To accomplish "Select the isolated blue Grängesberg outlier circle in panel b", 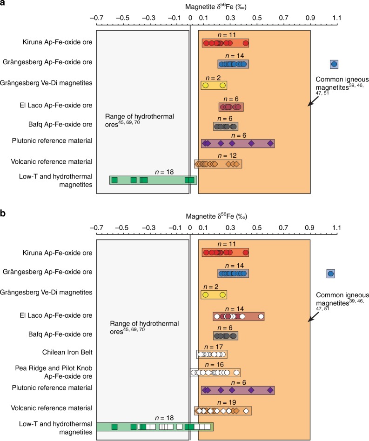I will (330, 274).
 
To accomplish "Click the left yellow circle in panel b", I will (205, 294).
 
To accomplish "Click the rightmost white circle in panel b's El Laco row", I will (261, 317).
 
